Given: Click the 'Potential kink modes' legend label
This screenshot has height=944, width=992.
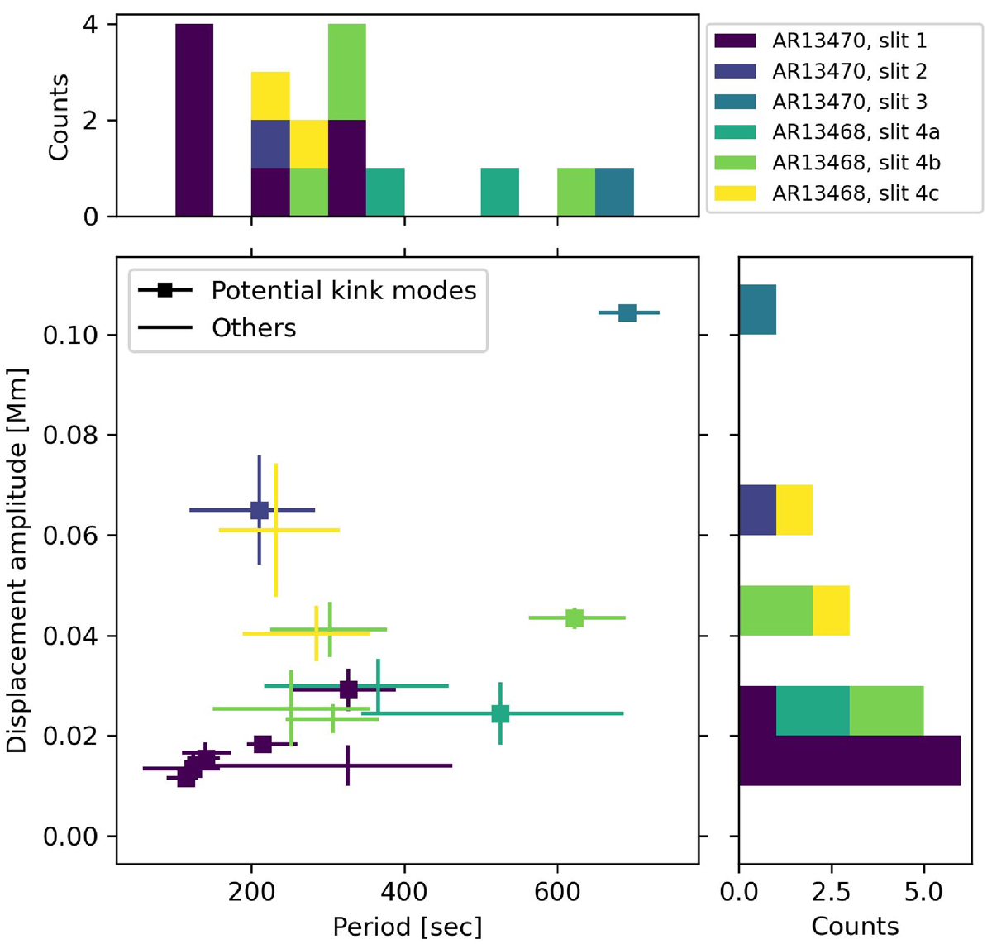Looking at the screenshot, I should coord(344,290).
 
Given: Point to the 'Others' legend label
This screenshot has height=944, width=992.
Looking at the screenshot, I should coord(254,328).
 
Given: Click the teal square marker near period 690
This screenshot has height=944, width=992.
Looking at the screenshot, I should coord(627,312).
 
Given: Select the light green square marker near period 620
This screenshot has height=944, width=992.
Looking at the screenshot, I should coord(575,617).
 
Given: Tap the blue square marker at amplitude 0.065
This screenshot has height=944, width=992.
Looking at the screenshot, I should coord(260,510).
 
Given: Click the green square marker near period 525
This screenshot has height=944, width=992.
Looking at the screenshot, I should coord(500,713).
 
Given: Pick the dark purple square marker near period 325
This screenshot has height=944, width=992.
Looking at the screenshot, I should coord(349,689).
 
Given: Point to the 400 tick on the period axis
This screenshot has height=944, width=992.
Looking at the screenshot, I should coord(404,891).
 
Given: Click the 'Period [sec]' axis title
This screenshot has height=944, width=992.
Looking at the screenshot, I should coord(407,926).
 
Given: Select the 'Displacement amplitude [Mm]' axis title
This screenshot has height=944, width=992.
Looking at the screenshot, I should coord(17,560).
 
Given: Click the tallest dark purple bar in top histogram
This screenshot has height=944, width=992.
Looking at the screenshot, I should coord(194,120).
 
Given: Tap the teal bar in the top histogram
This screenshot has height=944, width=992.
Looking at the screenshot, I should coord(614,193).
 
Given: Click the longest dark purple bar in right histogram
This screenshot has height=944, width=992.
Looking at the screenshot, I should coord(850,760).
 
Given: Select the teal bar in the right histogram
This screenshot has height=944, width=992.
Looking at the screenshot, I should coord(757,309).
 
